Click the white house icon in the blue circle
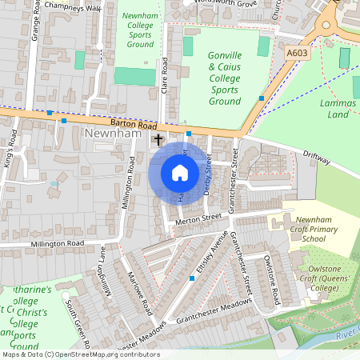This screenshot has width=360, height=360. (x=180, y=173)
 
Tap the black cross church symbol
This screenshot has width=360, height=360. (x=158, y=140)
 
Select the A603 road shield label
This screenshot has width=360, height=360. (x=298, y=52)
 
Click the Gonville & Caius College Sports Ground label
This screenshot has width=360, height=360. (x=225, y=79)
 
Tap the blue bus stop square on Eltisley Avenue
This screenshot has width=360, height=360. (x=192, y=278)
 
